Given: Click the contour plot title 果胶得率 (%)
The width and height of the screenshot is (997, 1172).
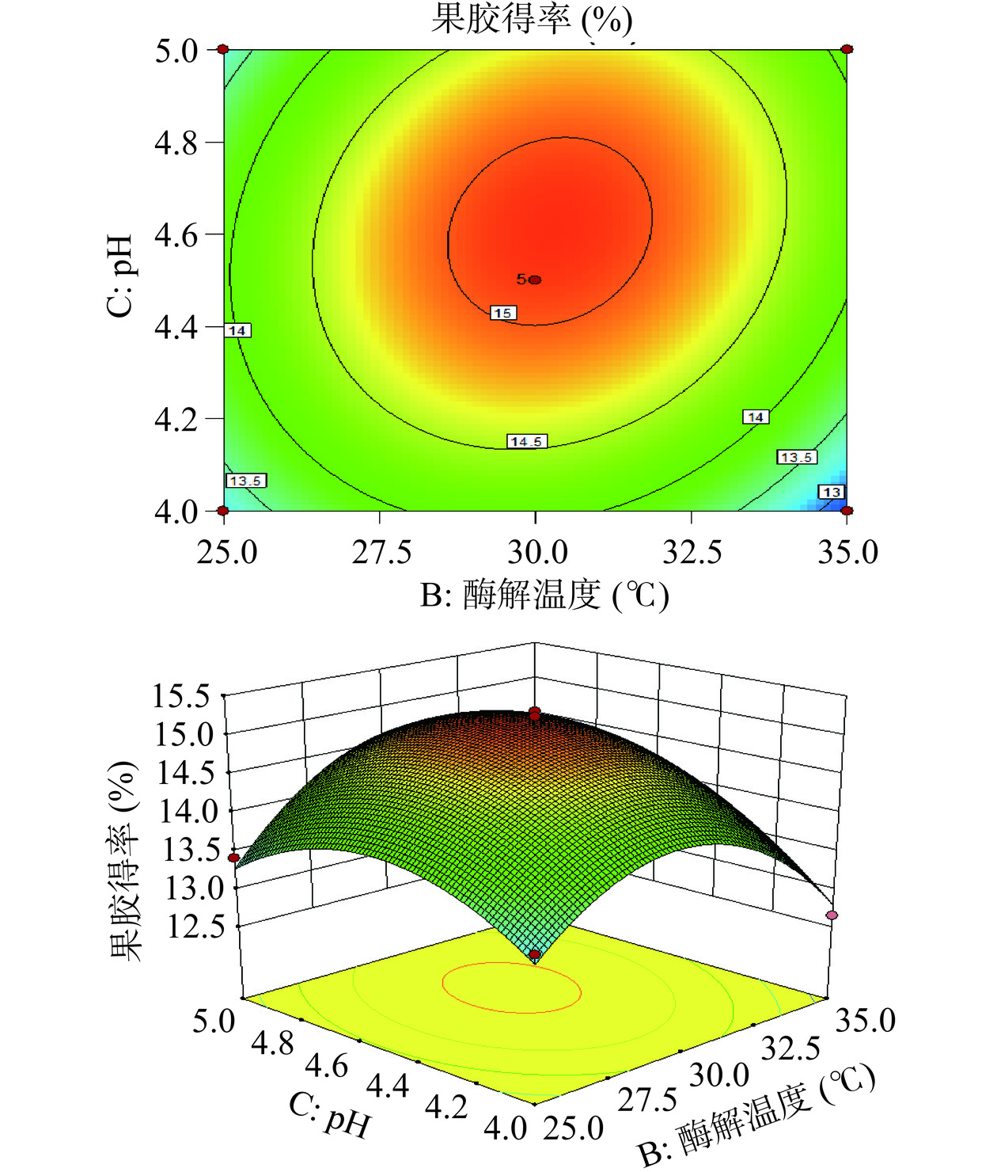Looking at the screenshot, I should click(532, 19).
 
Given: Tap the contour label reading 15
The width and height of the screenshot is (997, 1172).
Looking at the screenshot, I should click(502, 313).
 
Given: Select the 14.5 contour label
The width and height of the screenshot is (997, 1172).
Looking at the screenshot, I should click(526, 441).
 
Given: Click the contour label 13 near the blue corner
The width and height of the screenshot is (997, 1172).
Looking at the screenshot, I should click(831, 492).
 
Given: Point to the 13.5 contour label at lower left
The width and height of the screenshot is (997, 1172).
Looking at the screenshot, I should click(245, 481).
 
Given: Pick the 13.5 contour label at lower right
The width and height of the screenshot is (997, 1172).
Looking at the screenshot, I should click(796, 457).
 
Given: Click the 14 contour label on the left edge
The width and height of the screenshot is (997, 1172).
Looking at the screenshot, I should click(237, 330).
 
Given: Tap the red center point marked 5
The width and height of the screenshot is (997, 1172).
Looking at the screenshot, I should click(535, 280).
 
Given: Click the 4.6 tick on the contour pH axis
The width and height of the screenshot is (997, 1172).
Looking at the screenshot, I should click(176, 235).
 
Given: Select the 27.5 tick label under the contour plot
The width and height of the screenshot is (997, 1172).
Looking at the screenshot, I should click(381, 552).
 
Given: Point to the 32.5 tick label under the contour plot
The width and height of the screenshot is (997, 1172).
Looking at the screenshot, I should click(692, 552).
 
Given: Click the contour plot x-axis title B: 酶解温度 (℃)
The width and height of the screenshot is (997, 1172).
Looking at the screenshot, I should click(544, 596).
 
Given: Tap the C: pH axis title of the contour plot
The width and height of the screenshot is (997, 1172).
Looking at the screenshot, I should click(120, 276).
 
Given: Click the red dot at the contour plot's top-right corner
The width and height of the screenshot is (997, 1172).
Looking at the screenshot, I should click(847, 49).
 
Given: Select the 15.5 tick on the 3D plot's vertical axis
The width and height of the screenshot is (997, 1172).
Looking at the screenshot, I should click(181, 696).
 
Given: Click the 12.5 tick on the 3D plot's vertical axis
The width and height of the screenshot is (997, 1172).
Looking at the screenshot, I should click(195, 926).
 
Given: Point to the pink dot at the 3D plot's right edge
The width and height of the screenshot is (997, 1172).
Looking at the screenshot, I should click(832, 915).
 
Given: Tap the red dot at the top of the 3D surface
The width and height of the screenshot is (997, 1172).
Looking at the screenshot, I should click(535, 711).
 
